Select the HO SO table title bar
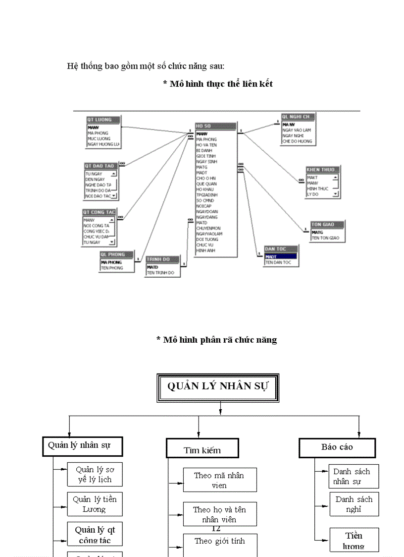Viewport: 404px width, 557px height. tap(215, 126)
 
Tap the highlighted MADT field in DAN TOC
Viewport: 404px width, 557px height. tap(280, 256)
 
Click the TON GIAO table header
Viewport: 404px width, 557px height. tap(326, 224)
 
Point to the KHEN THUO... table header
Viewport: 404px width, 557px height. tap(322, 170)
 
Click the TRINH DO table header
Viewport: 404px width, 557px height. tap(163, 259)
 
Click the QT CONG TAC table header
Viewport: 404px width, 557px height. tap(99, 212)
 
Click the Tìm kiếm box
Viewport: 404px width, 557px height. tap(202, 448)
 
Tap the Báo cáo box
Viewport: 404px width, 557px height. tap(337, 447)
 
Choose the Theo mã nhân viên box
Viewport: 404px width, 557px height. tap(219, 480)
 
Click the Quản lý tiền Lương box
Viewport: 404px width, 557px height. tap(95, 504)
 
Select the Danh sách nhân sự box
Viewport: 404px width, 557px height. tap(353, 477)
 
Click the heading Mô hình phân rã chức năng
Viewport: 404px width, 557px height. tap(216, 340)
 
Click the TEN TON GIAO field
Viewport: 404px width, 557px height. tap(327, 238)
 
